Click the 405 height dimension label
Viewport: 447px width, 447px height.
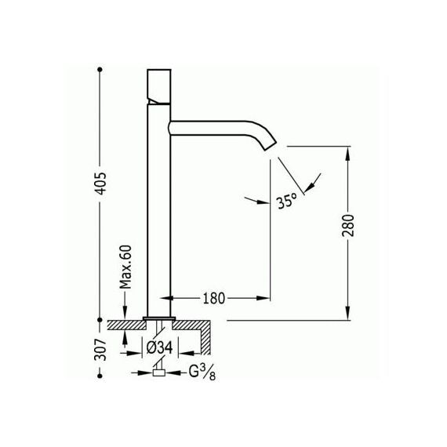[x=100, y=184]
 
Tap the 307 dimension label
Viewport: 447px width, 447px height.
[x=100, y=350]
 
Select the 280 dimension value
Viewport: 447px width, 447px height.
[x=348, y=226]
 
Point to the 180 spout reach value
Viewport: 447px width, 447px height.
[x=214, y=299]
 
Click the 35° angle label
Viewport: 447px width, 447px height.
[x=287, y=202]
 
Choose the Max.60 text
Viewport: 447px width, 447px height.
[x=125, y=267]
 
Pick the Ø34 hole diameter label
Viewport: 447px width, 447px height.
[x=160, y=347]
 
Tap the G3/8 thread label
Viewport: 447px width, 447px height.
[x=202, y=372]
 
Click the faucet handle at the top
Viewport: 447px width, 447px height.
[x=159, y=87]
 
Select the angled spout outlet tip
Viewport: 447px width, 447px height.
[x=270, y=145]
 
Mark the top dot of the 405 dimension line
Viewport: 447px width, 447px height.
[x=100, y=70]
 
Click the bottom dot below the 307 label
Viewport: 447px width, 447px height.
[x=100, y=376]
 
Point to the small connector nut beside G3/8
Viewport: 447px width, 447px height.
[x=158, y=372]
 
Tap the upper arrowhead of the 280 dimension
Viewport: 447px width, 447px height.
[x=347, y=154]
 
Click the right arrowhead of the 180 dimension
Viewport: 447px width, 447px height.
[x=263, y=298]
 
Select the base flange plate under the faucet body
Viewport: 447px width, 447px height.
[x=159, y=318]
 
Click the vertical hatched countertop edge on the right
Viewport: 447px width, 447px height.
[x=205, y=340]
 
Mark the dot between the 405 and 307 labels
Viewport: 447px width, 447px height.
[x=100, y=320]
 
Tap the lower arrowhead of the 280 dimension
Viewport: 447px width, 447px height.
[x=347, y=313]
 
